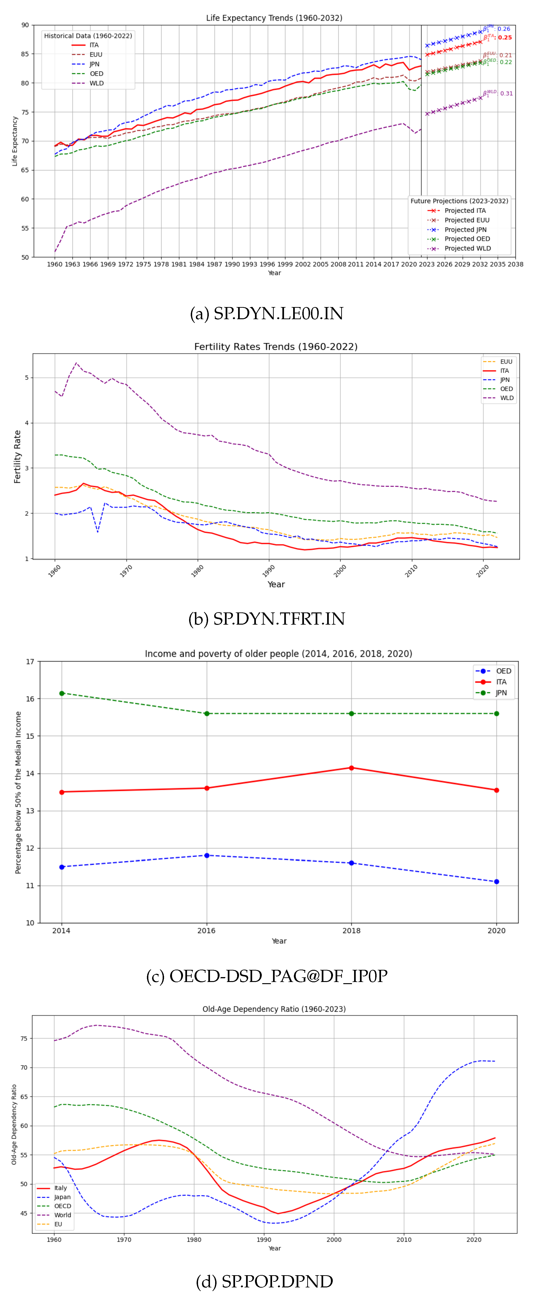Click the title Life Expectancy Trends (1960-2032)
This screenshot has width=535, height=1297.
point(274,18)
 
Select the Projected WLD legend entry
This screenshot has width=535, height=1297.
point(467,248)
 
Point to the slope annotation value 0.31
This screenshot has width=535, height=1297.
point(506,94)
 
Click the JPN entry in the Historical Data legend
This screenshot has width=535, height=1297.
point(94,64)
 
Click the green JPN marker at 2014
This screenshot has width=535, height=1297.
point(62,693)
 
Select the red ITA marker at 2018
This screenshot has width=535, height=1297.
point(352,768)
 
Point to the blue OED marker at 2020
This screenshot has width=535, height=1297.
point(497,882)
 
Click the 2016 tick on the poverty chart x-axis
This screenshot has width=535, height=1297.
point(206,930)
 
